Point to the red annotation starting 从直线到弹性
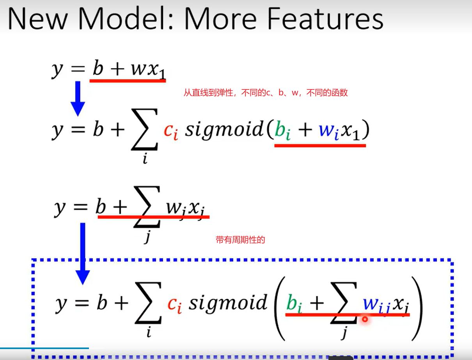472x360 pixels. tap(266, 93)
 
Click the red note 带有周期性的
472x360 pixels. tap(240, 240)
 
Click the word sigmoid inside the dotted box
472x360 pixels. tap(228, 303)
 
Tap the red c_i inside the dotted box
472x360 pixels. tap(174, 304)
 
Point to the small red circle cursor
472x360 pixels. tap(365, 319)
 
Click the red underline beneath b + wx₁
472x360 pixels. tap(128, 80)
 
